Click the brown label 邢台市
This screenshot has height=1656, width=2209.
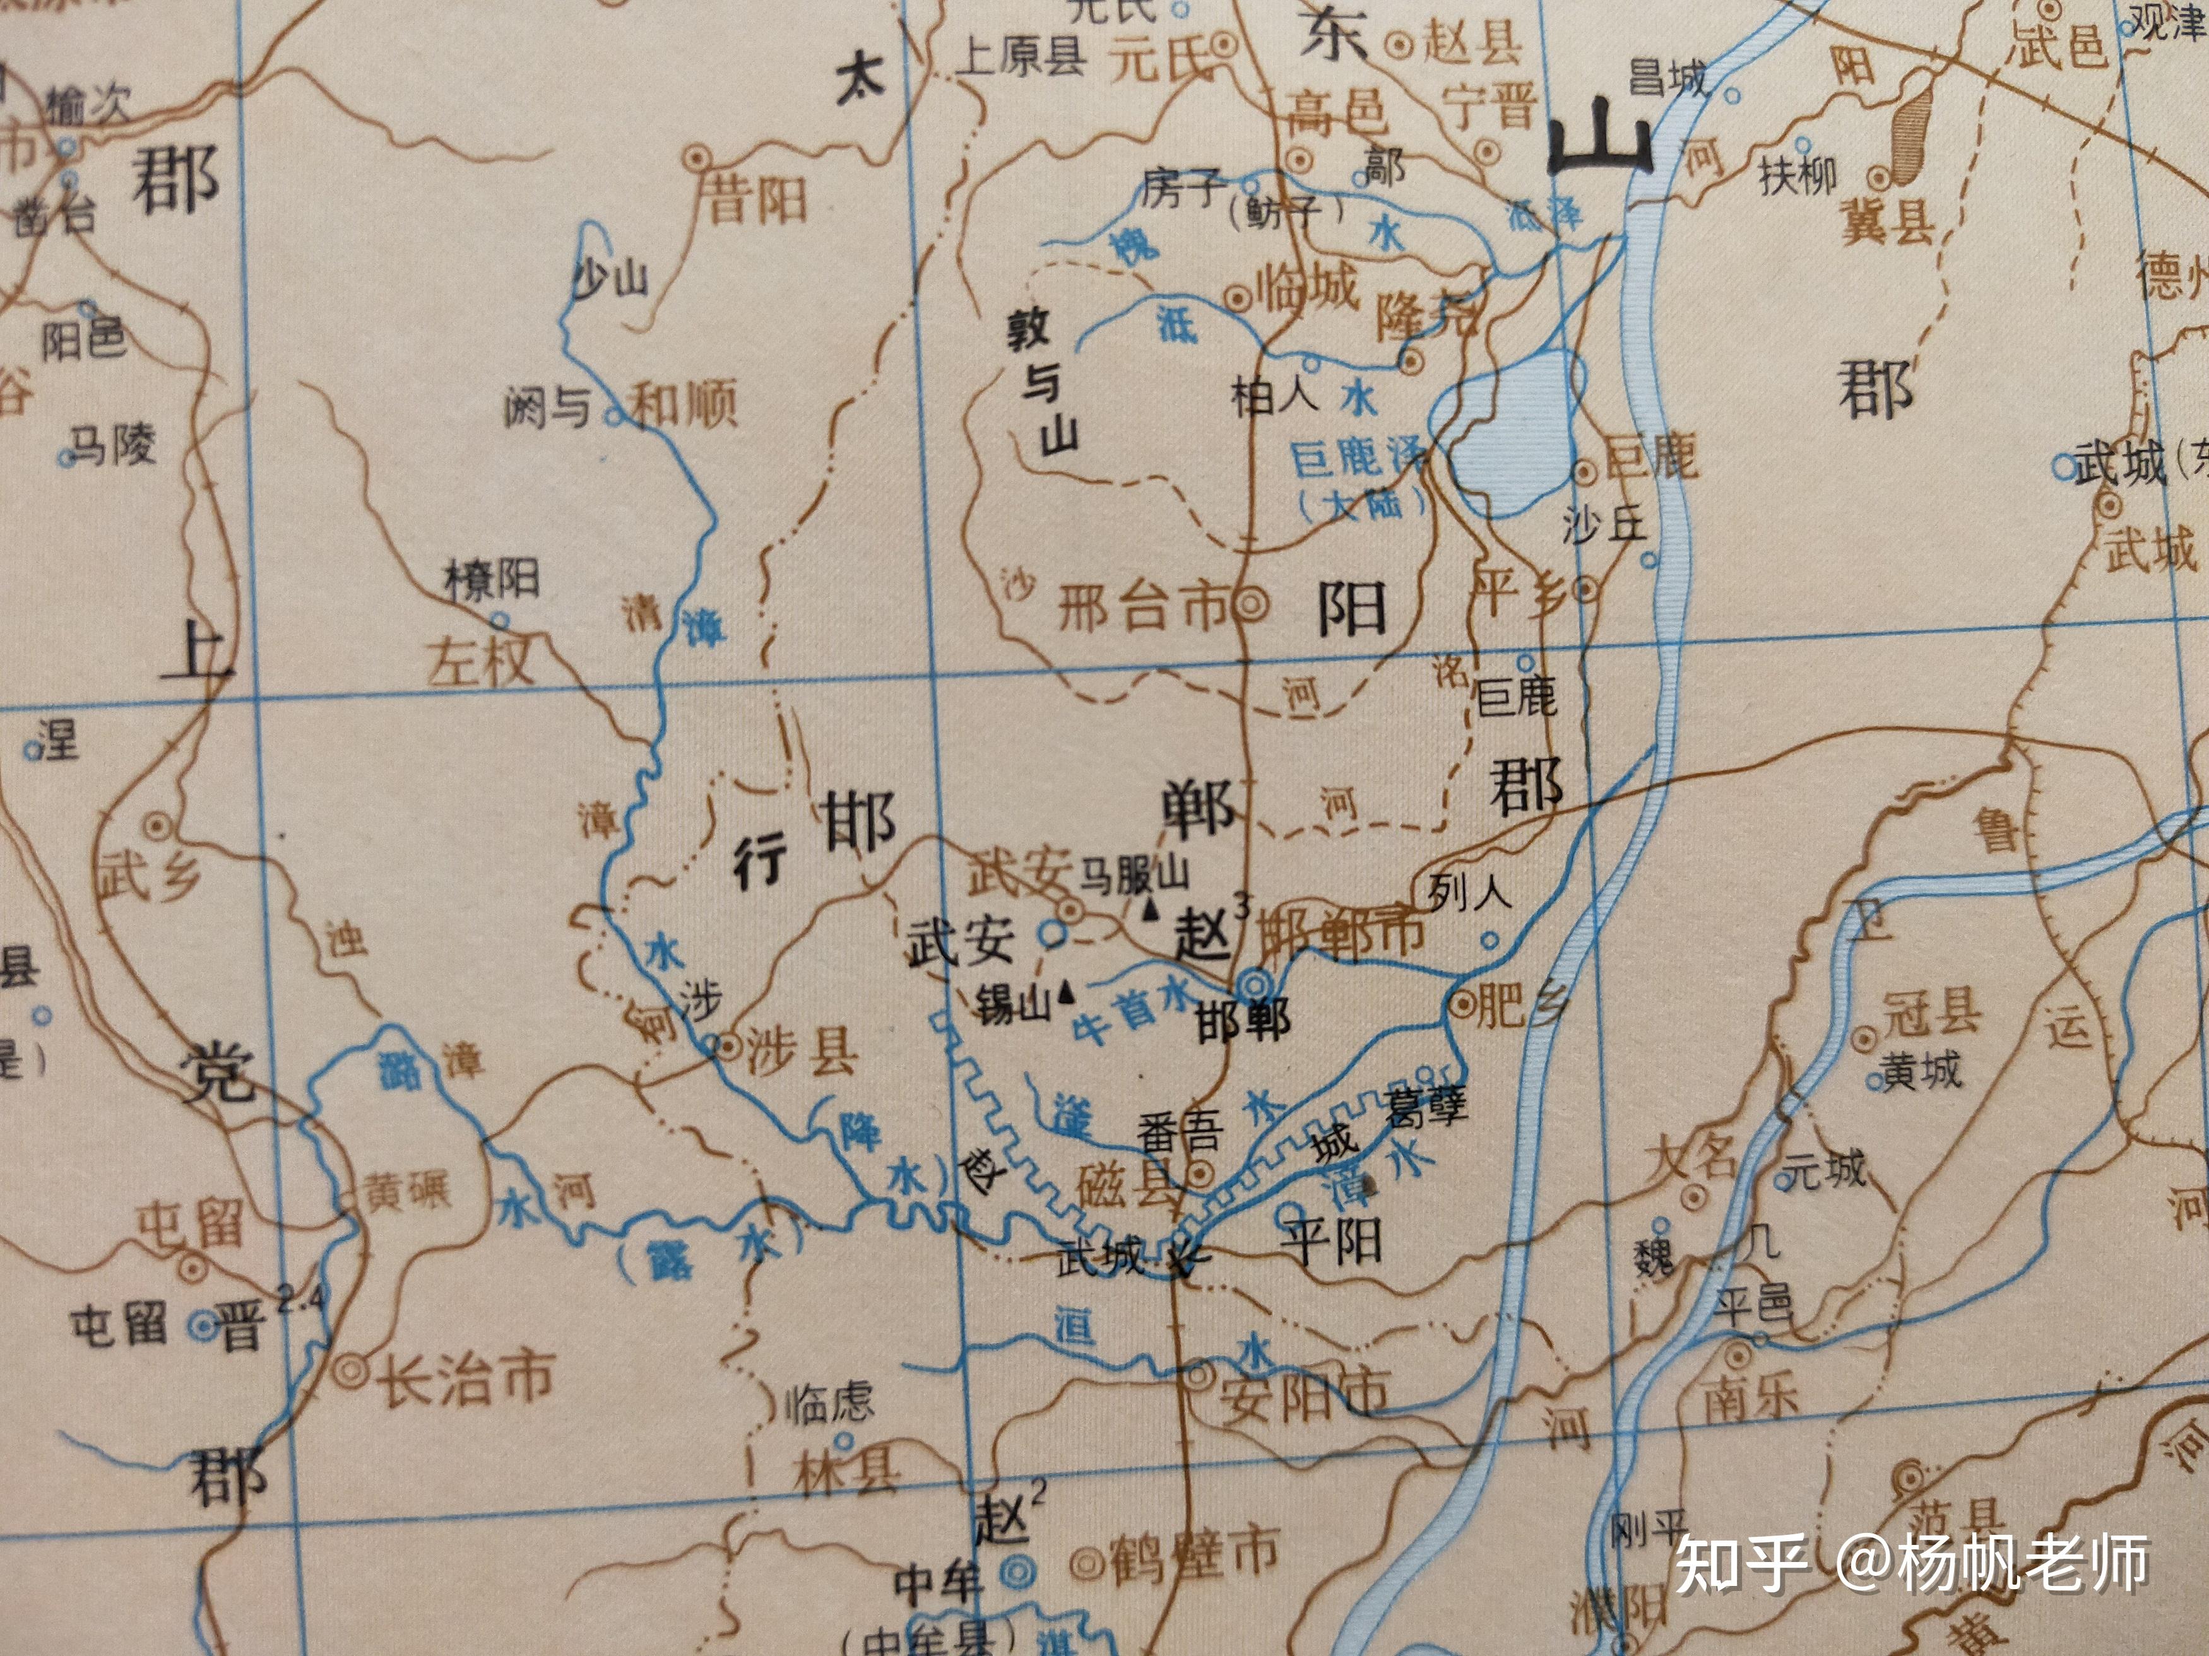1142,606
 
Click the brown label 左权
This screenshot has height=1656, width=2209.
480,661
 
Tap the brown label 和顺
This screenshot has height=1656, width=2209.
685,404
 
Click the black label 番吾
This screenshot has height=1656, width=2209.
1180,1133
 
